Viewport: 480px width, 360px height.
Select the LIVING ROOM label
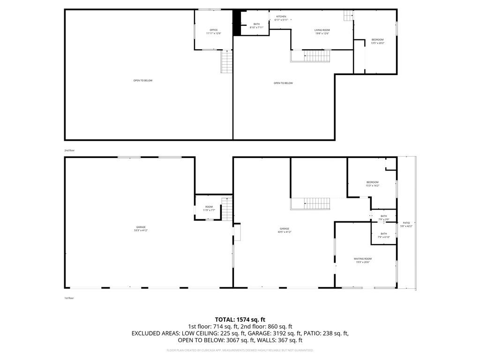322,31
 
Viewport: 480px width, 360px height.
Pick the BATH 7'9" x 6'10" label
383,235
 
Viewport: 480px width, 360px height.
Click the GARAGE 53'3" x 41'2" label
141,228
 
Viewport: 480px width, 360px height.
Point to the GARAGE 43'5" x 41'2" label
285,230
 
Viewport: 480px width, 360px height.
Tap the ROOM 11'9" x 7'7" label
209,208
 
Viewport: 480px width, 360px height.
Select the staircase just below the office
227,61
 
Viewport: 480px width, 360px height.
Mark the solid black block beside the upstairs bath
237,22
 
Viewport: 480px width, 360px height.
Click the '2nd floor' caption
69,150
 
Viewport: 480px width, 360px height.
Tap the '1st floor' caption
69,298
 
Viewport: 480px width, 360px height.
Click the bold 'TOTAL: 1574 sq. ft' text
240,320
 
